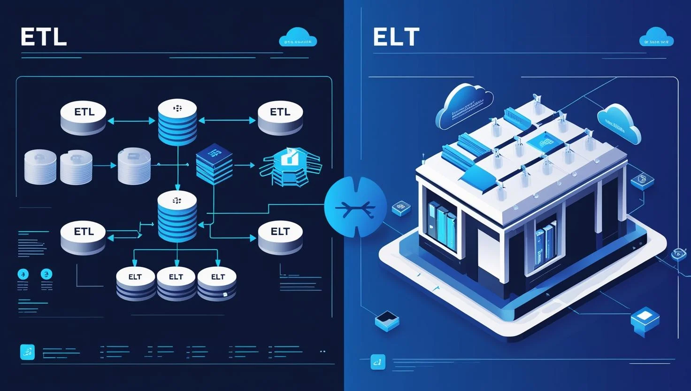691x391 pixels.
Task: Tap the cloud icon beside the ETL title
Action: (x=298, y=38)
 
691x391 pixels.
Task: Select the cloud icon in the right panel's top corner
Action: (x=656, y=37)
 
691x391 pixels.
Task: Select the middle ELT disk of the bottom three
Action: (x=176, y=283)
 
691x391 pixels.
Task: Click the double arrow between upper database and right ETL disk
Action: (x=227, y=121)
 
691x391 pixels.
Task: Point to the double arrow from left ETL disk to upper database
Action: (x=132, y=121)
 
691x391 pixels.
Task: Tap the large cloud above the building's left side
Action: (x=465, y=105)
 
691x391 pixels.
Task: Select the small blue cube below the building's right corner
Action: (x=645, y=320)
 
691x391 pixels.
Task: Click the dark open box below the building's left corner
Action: (x=387, y=321)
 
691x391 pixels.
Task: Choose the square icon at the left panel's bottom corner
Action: (x=28, y=352)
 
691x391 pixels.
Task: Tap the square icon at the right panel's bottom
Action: (x=377, y=361)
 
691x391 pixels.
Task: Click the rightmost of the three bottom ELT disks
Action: (x=217, y=283)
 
